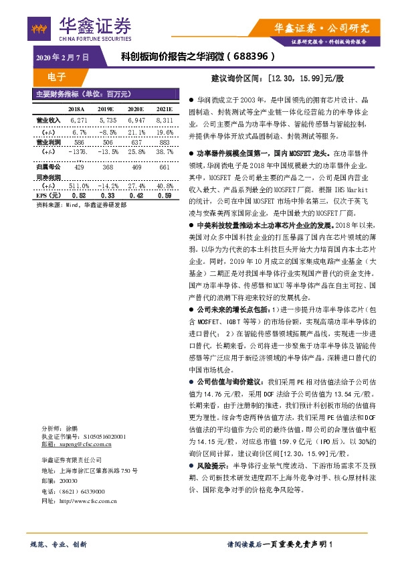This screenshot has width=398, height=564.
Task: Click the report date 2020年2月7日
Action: (x=62, y=59)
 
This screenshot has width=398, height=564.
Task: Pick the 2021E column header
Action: (x=164, y=109)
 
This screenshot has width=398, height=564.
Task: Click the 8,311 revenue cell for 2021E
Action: (x=164, y=120)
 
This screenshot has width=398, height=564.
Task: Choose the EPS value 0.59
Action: (x=164, y=196)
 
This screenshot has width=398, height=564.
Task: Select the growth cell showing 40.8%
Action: (x=164, y=186)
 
